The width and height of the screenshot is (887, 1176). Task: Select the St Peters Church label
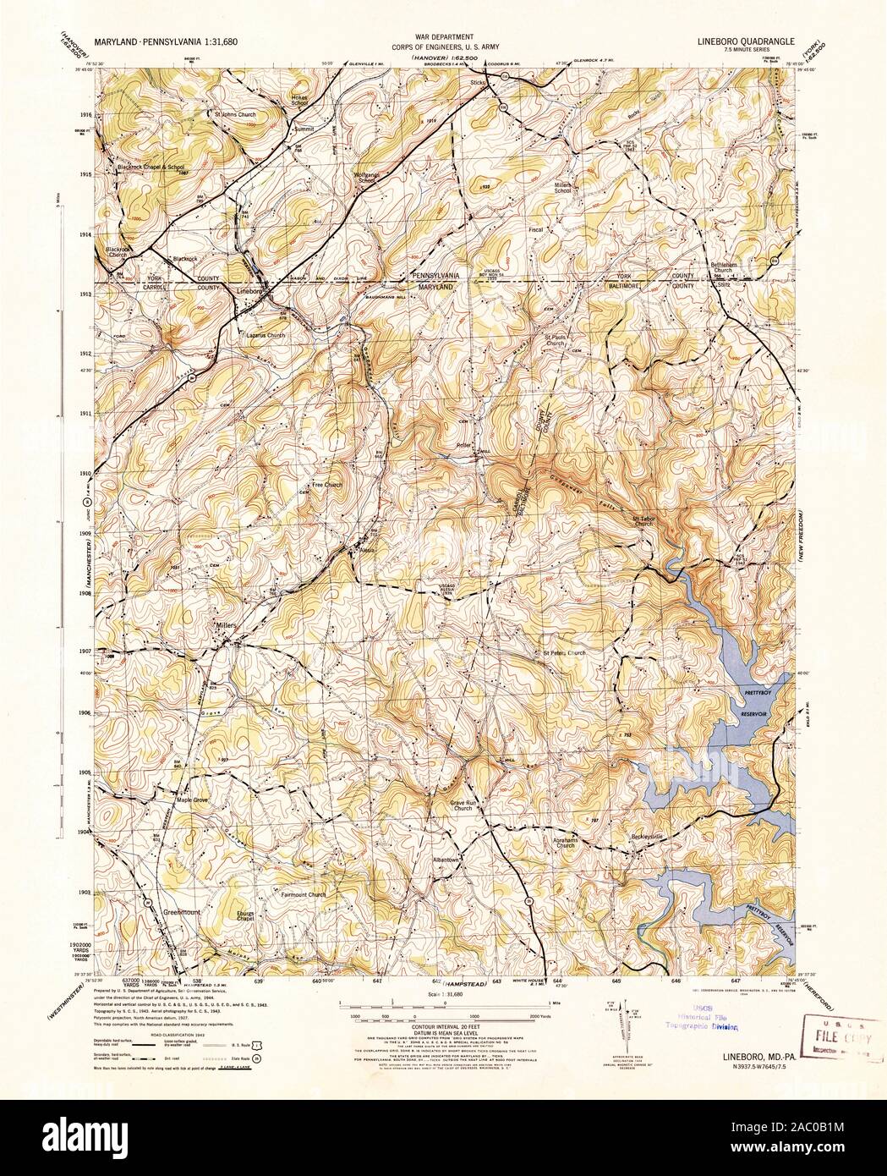[563, 653]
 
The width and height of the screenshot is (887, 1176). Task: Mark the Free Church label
[326, 485]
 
